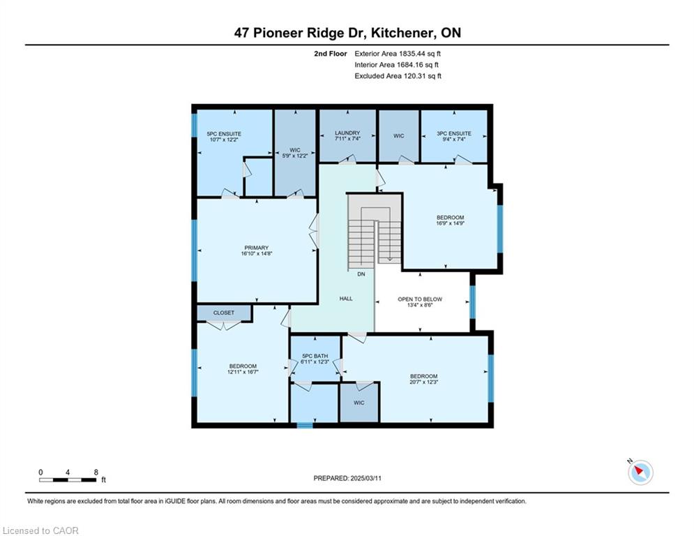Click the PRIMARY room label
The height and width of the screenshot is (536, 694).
click(256, 248)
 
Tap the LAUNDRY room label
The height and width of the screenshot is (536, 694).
click(347, 133)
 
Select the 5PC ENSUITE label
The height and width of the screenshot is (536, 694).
click(224, 134)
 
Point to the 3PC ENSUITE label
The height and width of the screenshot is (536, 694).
click(453, 133)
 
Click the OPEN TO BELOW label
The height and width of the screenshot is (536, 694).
click(420, 299)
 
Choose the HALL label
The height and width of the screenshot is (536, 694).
click(346, 299)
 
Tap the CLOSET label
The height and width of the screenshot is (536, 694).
click(223, 313)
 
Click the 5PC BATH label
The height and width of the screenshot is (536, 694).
click(315, 356)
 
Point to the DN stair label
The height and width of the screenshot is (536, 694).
click(361, 274)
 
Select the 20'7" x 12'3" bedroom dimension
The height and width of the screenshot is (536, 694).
click(423, 382)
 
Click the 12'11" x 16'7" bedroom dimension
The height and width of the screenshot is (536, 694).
click(243, 372)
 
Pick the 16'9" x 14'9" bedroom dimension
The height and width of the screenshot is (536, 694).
click(450, 223)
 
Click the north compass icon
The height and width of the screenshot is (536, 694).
click(640, 472)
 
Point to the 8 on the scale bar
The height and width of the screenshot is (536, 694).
click(96, 472)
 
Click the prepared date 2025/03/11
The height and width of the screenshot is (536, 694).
click(365, 478)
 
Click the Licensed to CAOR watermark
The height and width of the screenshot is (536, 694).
click(40, 530)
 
